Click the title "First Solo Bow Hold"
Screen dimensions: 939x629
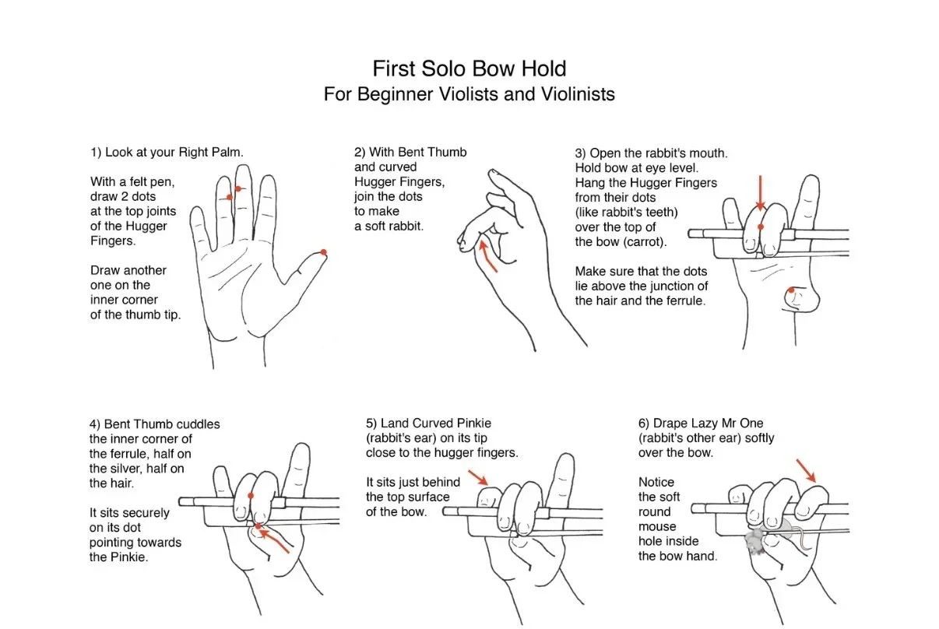469,69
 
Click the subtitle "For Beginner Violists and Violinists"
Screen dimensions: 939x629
469,94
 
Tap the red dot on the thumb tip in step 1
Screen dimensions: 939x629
323,251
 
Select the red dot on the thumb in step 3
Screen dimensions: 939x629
791,290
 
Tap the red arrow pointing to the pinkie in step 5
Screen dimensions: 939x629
478,476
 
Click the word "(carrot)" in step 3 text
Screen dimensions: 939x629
631,241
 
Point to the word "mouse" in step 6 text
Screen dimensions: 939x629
656,526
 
